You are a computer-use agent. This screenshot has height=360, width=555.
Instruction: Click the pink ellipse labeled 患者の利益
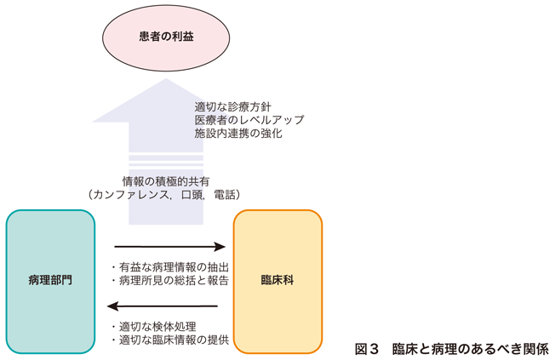click(x=167, y=37)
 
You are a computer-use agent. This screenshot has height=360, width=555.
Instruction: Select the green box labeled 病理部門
click(x=50, y=281)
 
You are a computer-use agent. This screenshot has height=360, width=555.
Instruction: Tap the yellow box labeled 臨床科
click(x=277, y=281)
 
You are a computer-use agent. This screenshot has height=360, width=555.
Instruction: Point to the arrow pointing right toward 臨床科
click(x=170, y=247)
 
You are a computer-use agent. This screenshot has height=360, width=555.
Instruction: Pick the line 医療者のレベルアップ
click(x=249, y=120)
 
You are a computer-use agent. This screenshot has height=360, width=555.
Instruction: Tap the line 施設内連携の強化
click(x=237, y=134)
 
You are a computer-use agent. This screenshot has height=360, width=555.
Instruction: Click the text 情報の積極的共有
click(x=167, y=180)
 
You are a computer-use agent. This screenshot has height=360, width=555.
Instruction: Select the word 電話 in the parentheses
click(x=227, y=195)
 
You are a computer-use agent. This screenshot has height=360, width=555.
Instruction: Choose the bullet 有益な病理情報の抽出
click(x=174, y=266)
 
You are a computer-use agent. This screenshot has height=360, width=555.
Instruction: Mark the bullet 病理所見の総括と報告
click(x=174, y=280)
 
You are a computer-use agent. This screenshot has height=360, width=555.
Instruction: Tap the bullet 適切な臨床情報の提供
click(x=174, y=340)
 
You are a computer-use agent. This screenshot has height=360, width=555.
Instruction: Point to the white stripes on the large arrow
click(x=167, y=159)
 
